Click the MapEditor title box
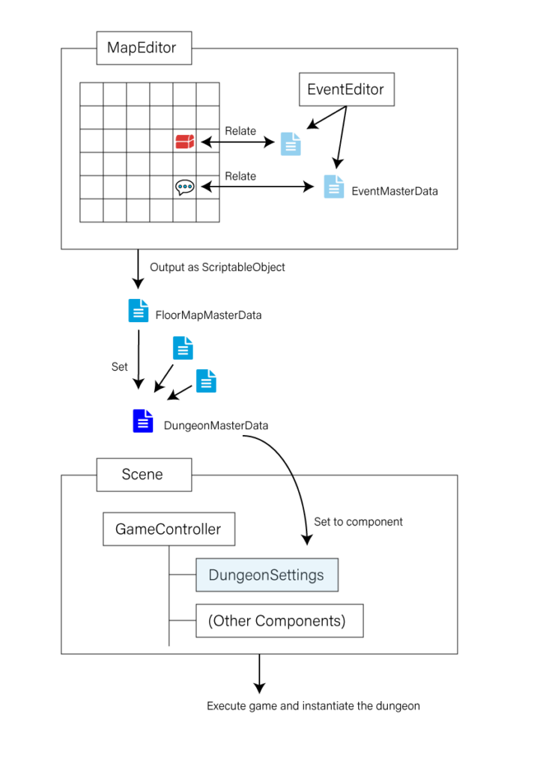(144, 48)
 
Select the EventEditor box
(346, 90)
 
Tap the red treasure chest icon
(185, 142)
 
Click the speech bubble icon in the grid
(185, 187)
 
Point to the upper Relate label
(240, 131)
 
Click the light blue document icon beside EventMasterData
(334, 187)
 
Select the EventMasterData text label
(395, 191)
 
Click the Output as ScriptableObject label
(217, 267)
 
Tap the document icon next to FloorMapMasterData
(139, 310)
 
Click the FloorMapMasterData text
(208, 315)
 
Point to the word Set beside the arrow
(119, 367)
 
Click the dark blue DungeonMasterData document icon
(143, 421)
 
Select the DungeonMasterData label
(216, 425)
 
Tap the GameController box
(169, 529)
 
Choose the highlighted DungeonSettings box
(267, 575)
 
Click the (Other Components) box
(279, 621)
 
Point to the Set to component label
(358, 522)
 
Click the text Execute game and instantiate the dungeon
(313, 706)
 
